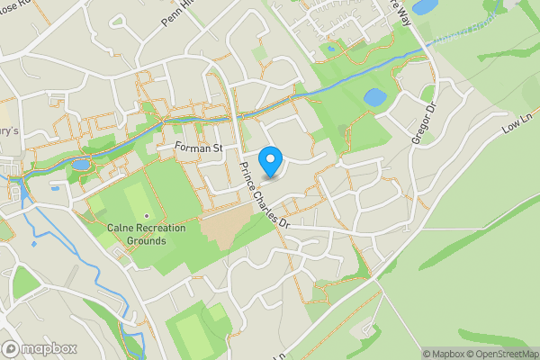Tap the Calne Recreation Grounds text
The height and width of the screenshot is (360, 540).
146,235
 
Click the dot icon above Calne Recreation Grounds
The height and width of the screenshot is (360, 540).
146,216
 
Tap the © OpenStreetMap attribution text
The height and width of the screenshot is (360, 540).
499,354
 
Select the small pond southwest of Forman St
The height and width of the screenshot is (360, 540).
81,165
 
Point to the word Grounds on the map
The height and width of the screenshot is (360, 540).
146,241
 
